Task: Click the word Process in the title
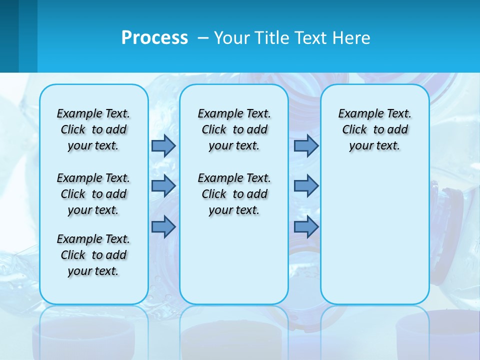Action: [154, 37]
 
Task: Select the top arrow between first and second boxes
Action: [163, 145]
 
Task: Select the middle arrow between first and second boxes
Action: [163, 186]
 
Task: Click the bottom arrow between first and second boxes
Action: [163, 226]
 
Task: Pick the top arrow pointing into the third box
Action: [306, 145]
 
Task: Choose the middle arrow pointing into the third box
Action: [306, 186]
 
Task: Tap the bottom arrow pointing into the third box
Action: [306, 226]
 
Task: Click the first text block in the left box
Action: [93, 129]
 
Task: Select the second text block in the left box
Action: [93, 194]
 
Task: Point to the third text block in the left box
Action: [93, 255]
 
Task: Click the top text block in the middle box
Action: [234, 129]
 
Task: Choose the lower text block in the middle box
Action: [234, 194]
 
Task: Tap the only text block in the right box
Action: [374, 129]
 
